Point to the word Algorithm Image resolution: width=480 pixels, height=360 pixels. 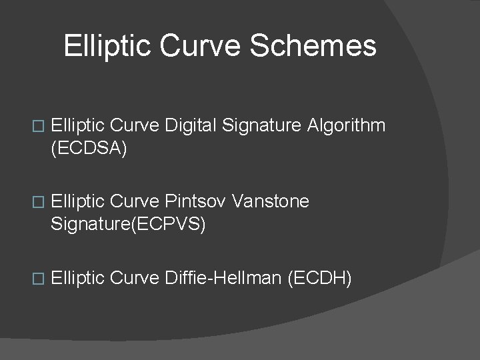pos(346,125)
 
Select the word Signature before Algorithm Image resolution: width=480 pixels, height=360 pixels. pos(262,125)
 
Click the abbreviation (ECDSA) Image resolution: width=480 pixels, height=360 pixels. pos(88,148)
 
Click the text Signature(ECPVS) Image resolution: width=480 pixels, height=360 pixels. pos(128,224)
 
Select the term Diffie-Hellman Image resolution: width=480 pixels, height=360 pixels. pos(223,277)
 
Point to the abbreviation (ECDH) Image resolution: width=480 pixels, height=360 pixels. pos(319,277)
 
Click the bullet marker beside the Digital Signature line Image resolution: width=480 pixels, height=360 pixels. pos(37,126)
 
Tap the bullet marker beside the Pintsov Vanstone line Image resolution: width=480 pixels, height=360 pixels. pos(37,202)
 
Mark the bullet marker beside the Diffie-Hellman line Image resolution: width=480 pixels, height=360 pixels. pos(37,278)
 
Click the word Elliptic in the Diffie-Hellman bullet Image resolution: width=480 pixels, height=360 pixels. pos(77,277)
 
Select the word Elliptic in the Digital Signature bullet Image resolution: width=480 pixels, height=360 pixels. pos(77,125)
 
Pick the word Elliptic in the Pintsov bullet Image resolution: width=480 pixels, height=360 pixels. pos(77,201)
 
